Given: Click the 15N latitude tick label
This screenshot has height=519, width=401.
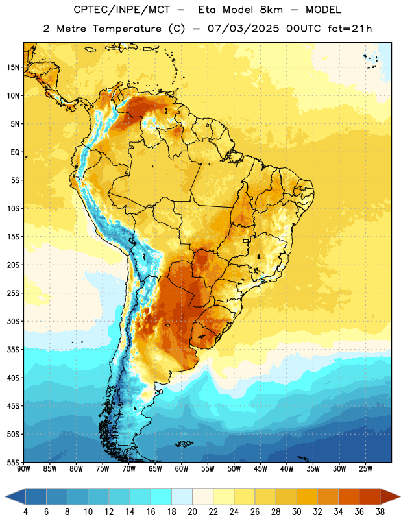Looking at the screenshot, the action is coord(13,67).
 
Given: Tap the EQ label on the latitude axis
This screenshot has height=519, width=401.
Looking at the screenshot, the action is coord(15,152).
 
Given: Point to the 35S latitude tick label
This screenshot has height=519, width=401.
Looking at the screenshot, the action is coord(13,350).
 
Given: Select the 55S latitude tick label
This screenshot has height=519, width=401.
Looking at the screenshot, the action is coord(13,463).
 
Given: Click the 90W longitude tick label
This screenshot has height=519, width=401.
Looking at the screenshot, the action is coord(23,469).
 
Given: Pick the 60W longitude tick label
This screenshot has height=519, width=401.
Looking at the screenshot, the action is coord(182,469).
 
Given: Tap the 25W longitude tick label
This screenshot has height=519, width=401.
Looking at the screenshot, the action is coord(365,469).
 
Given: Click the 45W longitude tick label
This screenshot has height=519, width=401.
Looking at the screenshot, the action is coord(260,469).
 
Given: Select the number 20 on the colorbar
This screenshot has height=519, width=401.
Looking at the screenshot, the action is coord(192,512).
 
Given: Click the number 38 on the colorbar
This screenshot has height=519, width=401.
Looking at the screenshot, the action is coord(380,512).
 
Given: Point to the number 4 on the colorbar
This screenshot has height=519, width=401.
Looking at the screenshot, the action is coord(25,512).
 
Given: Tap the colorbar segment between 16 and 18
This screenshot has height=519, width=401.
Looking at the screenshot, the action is coord(162,496).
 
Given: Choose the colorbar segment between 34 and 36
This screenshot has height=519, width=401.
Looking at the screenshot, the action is coord(349,496).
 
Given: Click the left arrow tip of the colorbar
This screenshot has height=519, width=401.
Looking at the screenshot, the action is coord(5,496).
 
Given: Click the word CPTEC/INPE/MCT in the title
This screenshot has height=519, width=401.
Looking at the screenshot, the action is coord(122,10).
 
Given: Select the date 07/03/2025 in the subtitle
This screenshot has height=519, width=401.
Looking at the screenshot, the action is coord(243,29).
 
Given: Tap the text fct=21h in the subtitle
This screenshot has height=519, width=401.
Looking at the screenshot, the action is coord(350,29).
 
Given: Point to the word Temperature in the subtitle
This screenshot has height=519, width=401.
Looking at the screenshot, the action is coord(127,29).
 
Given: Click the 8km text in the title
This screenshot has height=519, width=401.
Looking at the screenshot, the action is coord(271,10).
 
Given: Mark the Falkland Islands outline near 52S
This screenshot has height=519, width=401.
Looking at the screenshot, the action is coord(184,444).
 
